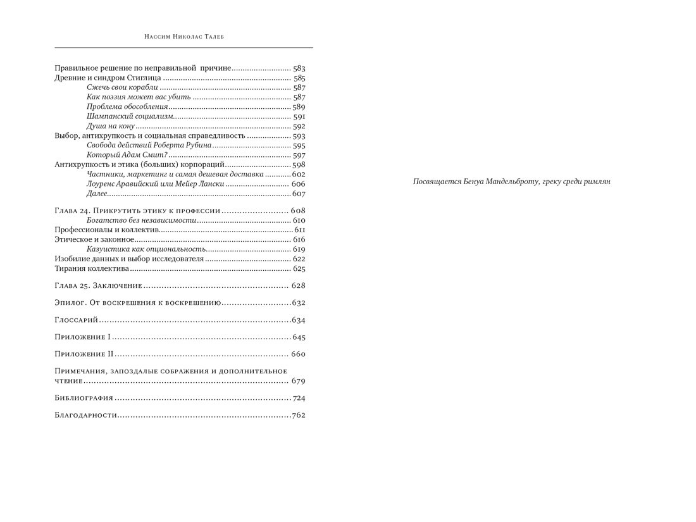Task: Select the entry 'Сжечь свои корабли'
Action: pyautogui.click(x=122, y=87)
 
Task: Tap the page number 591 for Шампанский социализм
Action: pyautogui.click(x=299, y=117)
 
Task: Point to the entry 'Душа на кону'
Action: pyautogui.click(x=111, y=127)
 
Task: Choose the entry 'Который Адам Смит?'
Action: pyautogui.click(x=127, y=155)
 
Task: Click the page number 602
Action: pyautogui.click(x=299, y=174)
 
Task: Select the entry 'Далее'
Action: pyautogui.click(x=97, y=194)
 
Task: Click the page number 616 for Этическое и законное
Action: pyautogui.click(x=299, y=240)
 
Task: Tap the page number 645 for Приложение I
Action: pyautogui.click(x=299, y=337)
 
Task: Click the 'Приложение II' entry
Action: pyautogui.click(x=84, y=354)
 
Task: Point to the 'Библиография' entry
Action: pyautogui.click(x=84, y=398)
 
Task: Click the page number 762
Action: pyautogui.click(x=299, y=415)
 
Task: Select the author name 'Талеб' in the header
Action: pyautogui.click(x=214, y=37)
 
